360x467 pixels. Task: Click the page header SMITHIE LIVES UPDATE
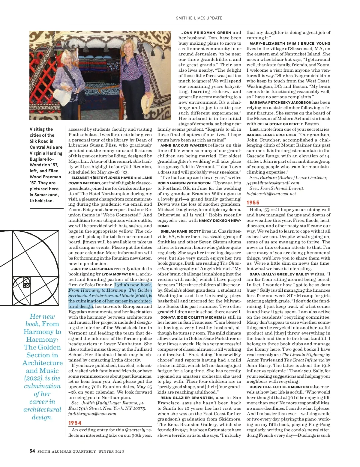point(199,18)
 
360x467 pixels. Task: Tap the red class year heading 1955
point(253,203)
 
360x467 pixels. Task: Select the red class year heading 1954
point(75,423)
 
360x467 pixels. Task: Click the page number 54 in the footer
point(32,451)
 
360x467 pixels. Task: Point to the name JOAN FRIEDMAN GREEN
point(206,33)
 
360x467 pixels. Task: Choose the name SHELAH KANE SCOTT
point(181,231)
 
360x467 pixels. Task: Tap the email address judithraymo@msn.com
point(92,414)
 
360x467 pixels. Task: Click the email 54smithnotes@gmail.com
point(273,183)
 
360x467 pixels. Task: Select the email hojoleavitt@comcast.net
point(271,194)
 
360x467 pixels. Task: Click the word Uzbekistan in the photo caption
point(42,201)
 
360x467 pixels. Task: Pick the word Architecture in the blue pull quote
point(43,363)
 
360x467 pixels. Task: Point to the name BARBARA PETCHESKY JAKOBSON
point(280,103)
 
